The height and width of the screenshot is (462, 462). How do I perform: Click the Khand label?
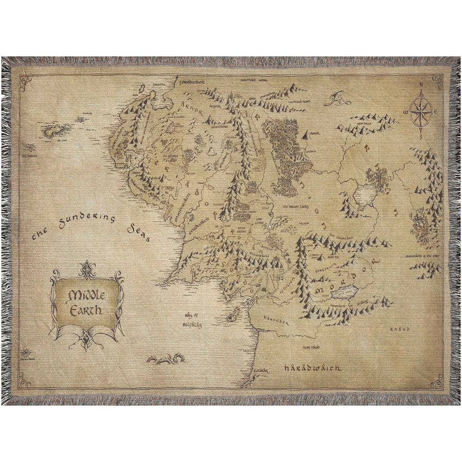[400, 329]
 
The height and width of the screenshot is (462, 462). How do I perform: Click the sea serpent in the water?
[166, 359]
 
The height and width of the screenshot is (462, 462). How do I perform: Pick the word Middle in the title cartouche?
[86, 296]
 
